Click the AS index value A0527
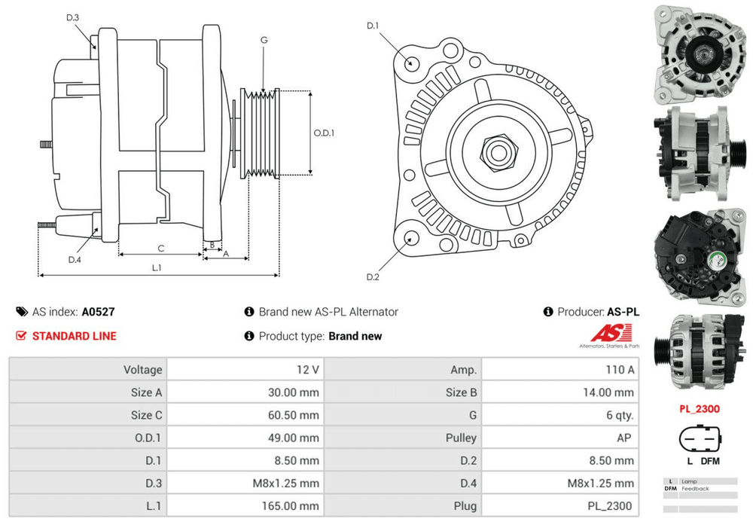(x=98, y=311)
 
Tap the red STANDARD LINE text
(x=74, y=336)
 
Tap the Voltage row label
(x=142, y=369)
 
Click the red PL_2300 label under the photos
(x=699, y=409)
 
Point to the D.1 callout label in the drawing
(x=373, y=26)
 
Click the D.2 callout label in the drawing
(x=373, y=277)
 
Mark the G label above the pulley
(x=264, y=39)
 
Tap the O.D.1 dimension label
(x=324, y=133)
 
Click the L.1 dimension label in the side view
(x=157, y=267)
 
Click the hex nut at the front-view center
(x=497, y=152)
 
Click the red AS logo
(x=608, y=333)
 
